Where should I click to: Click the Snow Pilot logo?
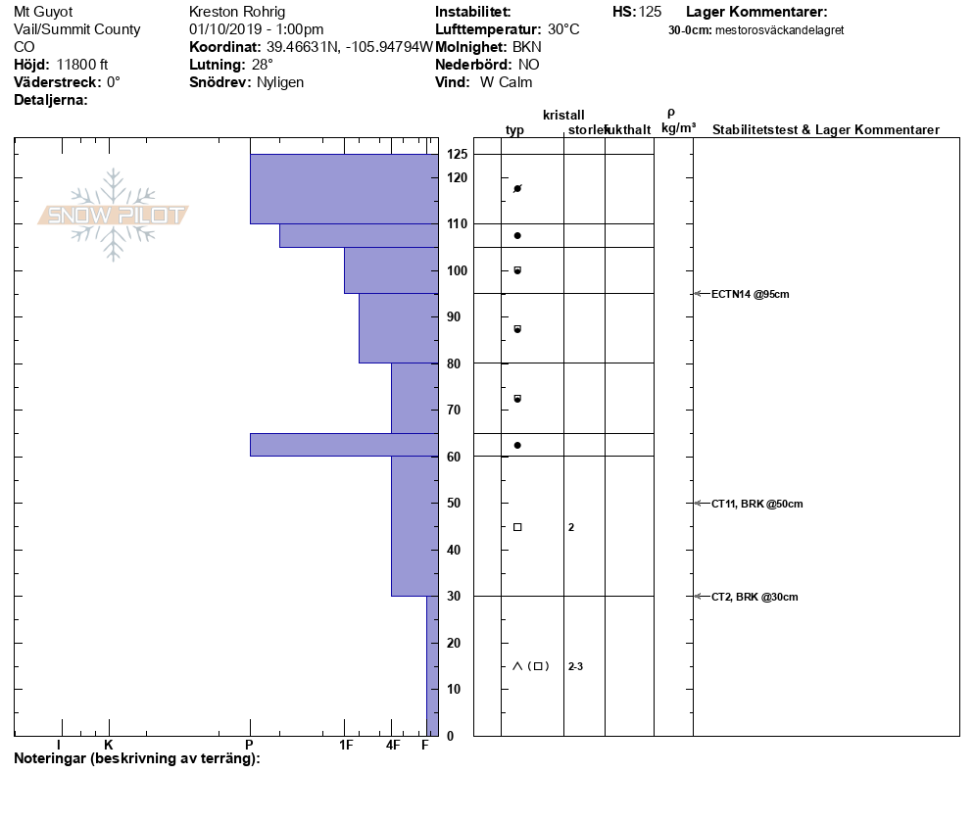click(114, 215)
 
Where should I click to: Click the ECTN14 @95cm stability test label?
click(750, 294)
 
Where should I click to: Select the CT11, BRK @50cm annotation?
click(756, 504)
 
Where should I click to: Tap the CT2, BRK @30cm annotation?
click(754, 597)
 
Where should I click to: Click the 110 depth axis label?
click(457, 224)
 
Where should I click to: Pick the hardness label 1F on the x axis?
click(346, 746)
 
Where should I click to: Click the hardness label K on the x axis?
click(108, 746)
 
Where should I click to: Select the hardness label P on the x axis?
click(250, 746)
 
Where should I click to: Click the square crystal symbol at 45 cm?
click(517, 527)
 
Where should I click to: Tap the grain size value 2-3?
click(575, 667)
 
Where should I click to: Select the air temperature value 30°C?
click(563, 29)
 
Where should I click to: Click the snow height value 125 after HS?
click(650, 12)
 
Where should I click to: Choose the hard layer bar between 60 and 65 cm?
click(343, 445)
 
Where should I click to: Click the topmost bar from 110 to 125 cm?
click(343, 189)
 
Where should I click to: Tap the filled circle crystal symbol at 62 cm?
click(517, 445)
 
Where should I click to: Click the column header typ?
click(514, 130)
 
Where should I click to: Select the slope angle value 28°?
click(263, 65)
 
